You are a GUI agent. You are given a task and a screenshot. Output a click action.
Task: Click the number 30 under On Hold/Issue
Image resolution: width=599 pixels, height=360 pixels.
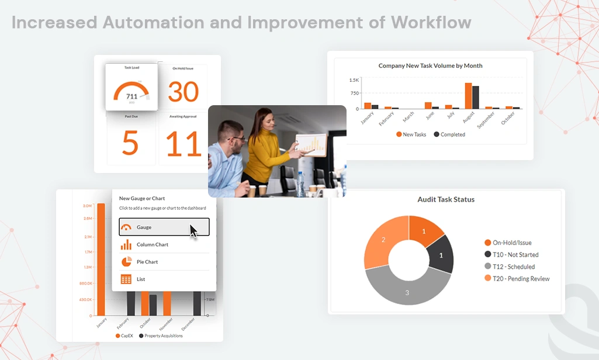click(x=183, y=92)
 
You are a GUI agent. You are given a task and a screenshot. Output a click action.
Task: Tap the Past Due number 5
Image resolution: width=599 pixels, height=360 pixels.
click(x=130, y=143)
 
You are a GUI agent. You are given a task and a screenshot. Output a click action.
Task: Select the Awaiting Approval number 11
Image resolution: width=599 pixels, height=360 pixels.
click(x=183, y=143)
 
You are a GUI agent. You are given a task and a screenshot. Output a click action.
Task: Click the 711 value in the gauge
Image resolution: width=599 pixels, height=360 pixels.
click(x=131, y=96)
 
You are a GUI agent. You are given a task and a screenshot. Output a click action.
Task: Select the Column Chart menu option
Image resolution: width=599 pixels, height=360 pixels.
click(x=152, y=244)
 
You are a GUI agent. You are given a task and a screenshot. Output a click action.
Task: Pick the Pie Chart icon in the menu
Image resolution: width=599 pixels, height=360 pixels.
click(x=126, y=262)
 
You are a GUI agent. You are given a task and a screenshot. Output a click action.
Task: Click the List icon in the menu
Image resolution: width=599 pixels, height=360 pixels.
click(x=126, y=279)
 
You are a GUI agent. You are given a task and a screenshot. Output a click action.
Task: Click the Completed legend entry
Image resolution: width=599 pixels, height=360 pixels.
click(x=449, y=134)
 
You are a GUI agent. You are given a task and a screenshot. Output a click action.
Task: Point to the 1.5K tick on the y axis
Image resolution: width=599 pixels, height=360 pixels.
click(x=354, y=80)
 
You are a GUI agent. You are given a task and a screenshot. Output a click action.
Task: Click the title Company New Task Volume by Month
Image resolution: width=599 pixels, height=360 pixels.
click(x=430, y=65)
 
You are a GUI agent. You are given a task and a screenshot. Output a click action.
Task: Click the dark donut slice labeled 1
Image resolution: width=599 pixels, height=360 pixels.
click(x=441, y=255)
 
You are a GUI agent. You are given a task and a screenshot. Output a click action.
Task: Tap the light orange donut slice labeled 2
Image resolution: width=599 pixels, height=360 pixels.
click(x=383, y=240)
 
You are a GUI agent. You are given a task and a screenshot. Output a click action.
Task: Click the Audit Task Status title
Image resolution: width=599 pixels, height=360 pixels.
click(x=445, y=199)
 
